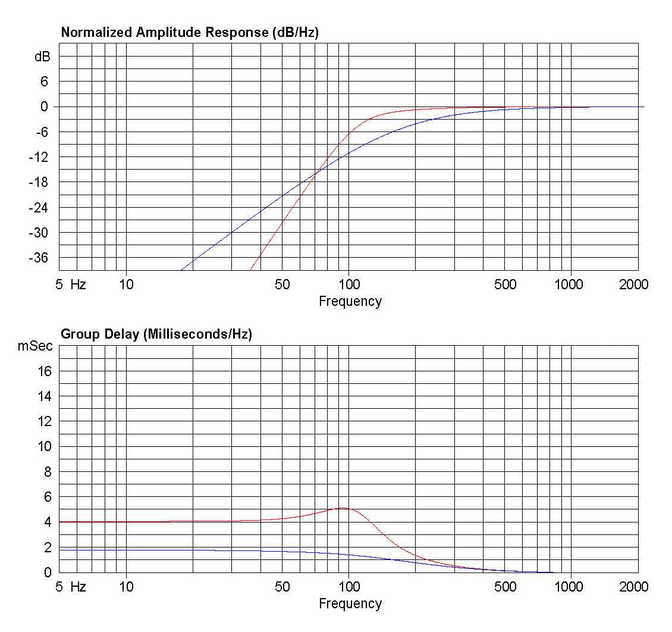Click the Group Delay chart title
pos(156,334)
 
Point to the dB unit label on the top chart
pos(42,57)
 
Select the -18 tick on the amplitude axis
pos(40,182)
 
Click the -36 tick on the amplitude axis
pos(40,258)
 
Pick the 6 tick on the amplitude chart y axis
pos(43,82)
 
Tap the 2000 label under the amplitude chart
pos(633,284)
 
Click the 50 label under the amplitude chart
pos(282,284)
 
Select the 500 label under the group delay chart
pos(505,587)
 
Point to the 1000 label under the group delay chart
pos(570,587)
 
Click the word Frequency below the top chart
pos(350,301)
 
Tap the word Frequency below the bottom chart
pos(350,603)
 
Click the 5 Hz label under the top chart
pos(71,284)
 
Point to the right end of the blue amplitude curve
pos(589,107)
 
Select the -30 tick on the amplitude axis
pos(40,233)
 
